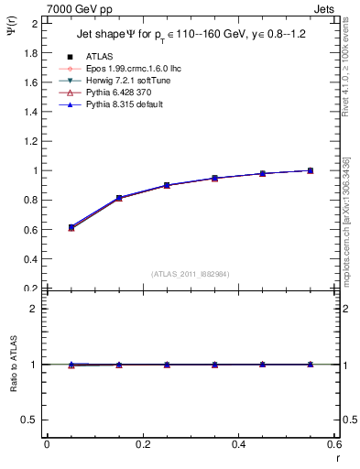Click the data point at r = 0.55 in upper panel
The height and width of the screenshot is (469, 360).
pyautogui.click(x=311, y=170)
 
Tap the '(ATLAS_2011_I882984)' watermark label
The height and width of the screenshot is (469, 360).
pyautogui.click(x=190, y=274)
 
